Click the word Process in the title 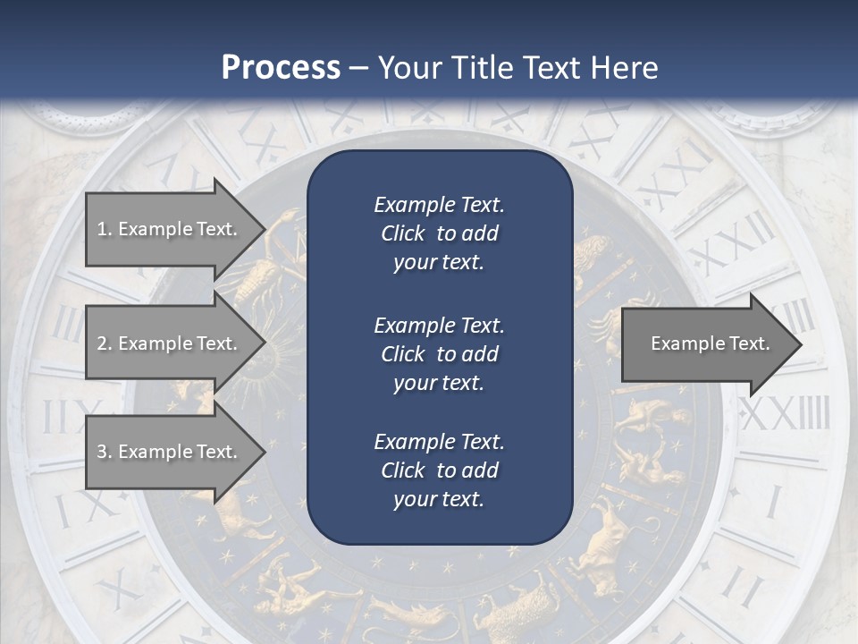(x=281, y=68)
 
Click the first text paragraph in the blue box (x=439, y=233)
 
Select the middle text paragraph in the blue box (x=439, y=354)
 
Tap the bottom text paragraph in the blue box (x=439, y=470)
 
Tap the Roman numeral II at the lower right (x=741, y=586)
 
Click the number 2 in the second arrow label (x=103, y=343)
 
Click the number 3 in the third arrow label (x=103, y=452)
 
